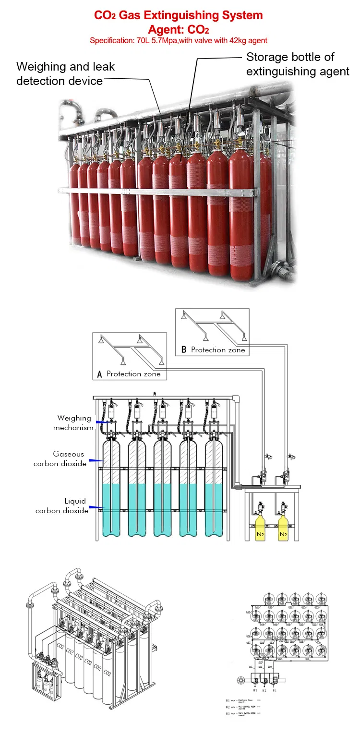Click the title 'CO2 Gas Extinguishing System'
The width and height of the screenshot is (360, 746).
[179, 15]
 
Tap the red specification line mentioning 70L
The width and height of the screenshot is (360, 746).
[179, 41]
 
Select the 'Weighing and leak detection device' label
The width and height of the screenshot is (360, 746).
[65, 73]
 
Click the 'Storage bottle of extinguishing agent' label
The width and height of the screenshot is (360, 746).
[298, 64]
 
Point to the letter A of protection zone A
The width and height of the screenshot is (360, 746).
[100, 374]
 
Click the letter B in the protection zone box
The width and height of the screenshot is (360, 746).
[184, 350]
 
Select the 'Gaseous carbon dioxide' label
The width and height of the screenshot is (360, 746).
[60, 458]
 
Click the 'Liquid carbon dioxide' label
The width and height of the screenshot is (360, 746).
[62, 505]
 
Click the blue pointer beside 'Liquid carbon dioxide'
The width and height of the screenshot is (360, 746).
[96, 507]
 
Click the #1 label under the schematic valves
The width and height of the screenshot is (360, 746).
[275, 690]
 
